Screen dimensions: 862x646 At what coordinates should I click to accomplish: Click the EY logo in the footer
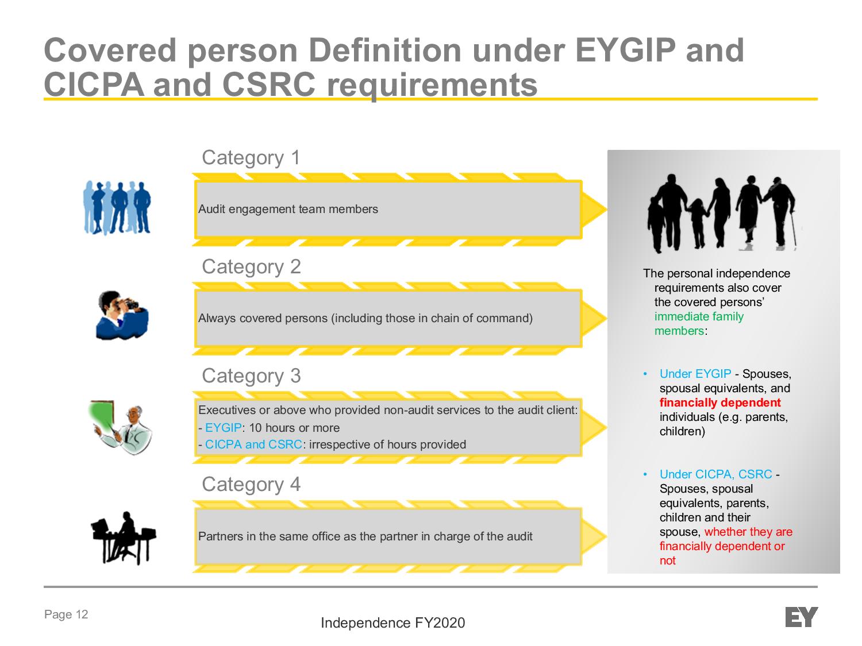point(801,617)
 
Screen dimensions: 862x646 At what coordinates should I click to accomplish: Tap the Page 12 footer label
point(66,614)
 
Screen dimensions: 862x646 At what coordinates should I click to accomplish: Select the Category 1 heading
point(251,158)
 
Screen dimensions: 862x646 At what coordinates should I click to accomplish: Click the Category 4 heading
point(251,485)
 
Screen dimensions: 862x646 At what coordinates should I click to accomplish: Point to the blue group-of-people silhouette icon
point(117,207)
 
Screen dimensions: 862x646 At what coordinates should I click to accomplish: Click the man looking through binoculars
point(122,315)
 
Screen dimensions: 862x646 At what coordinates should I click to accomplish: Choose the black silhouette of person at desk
point(124,537)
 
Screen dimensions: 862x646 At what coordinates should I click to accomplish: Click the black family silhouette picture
point(722,213)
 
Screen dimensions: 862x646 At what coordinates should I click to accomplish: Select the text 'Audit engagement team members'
point(288,209)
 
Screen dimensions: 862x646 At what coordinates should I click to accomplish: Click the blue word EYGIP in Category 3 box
point(223,428)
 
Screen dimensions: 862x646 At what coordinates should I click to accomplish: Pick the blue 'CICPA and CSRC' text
point(253,444)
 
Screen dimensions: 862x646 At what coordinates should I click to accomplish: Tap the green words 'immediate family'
point(699,316)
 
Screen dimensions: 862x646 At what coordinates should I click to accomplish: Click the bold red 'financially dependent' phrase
point(720,403)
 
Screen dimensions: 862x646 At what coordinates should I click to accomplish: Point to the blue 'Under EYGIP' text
point(695,374)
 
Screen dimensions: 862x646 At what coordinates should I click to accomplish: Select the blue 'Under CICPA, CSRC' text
point(715,474)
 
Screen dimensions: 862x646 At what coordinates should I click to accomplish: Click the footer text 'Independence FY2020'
point(392,623)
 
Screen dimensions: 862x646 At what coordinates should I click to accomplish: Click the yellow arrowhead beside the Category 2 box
point(594,318)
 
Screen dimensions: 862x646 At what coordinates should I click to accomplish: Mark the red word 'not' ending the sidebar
point(667,560)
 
